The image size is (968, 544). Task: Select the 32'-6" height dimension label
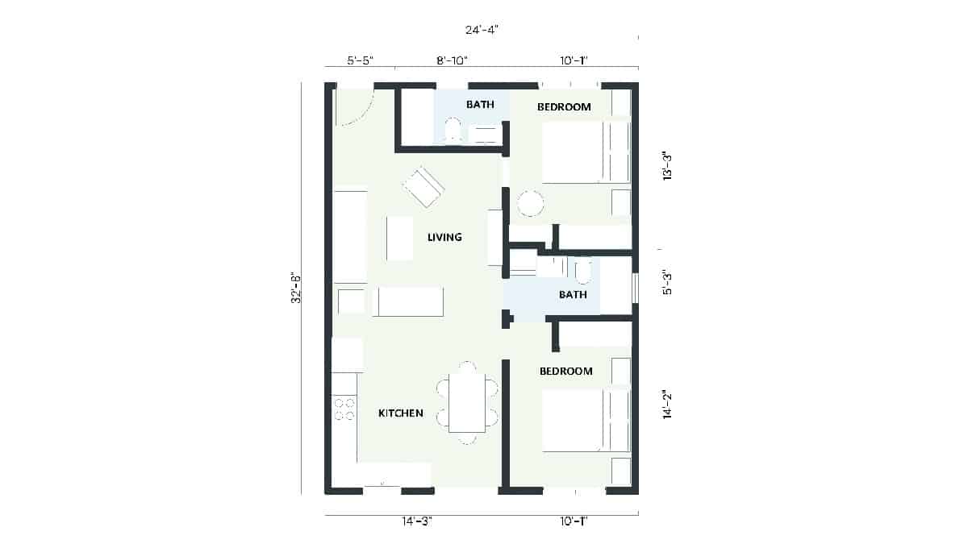[x=297, y=288]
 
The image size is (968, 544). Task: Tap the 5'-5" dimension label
[x=361, y=60]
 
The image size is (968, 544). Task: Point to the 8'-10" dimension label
[x=452, y=60]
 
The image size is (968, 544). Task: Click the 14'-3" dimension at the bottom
[x=418, y=521]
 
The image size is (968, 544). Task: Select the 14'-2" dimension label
[x=667, y=405]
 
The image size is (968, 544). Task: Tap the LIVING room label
[x=444, y=238]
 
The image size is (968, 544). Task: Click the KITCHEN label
[x=401, y=413]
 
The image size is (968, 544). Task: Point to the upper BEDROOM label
[x=564, y=106]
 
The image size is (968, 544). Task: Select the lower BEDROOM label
[x=565, y=372]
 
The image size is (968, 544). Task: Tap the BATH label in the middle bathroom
[x=573, y=295]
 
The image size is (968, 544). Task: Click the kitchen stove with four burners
[x=344, y=409]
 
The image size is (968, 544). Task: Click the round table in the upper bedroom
[x=531, y=203]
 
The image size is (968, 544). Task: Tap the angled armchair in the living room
[x=423, y=187]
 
